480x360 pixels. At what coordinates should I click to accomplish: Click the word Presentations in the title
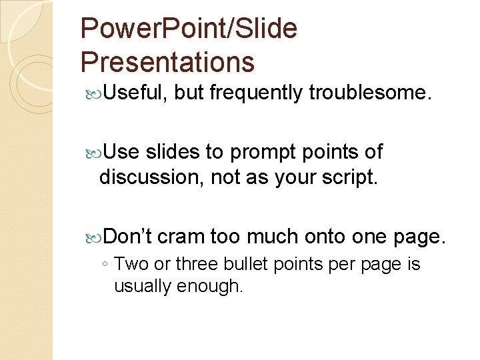167,62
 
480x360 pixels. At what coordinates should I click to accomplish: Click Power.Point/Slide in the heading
189,29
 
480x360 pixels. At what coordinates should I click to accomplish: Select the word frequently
256,93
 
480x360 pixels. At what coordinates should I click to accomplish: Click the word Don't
128,236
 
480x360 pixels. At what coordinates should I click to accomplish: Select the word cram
181,237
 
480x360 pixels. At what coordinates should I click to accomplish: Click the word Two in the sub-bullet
131,264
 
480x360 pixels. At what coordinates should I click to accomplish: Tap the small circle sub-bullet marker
106,265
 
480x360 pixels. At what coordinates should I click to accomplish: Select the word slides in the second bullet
171,152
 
